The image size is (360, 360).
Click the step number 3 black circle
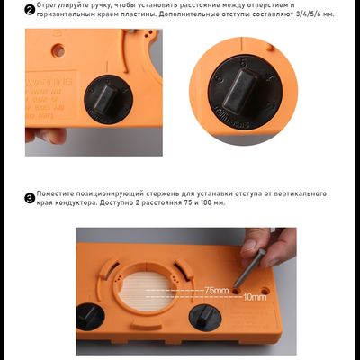(x=30, y=195)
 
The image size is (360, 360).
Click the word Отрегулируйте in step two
(x=60, y=5)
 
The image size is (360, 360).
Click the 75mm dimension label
(x=216, y=290)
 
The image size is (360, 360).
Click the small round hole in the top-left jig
(x=59, y=52)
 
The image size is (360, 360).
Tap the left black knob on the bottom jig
(x=88, y=317)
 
